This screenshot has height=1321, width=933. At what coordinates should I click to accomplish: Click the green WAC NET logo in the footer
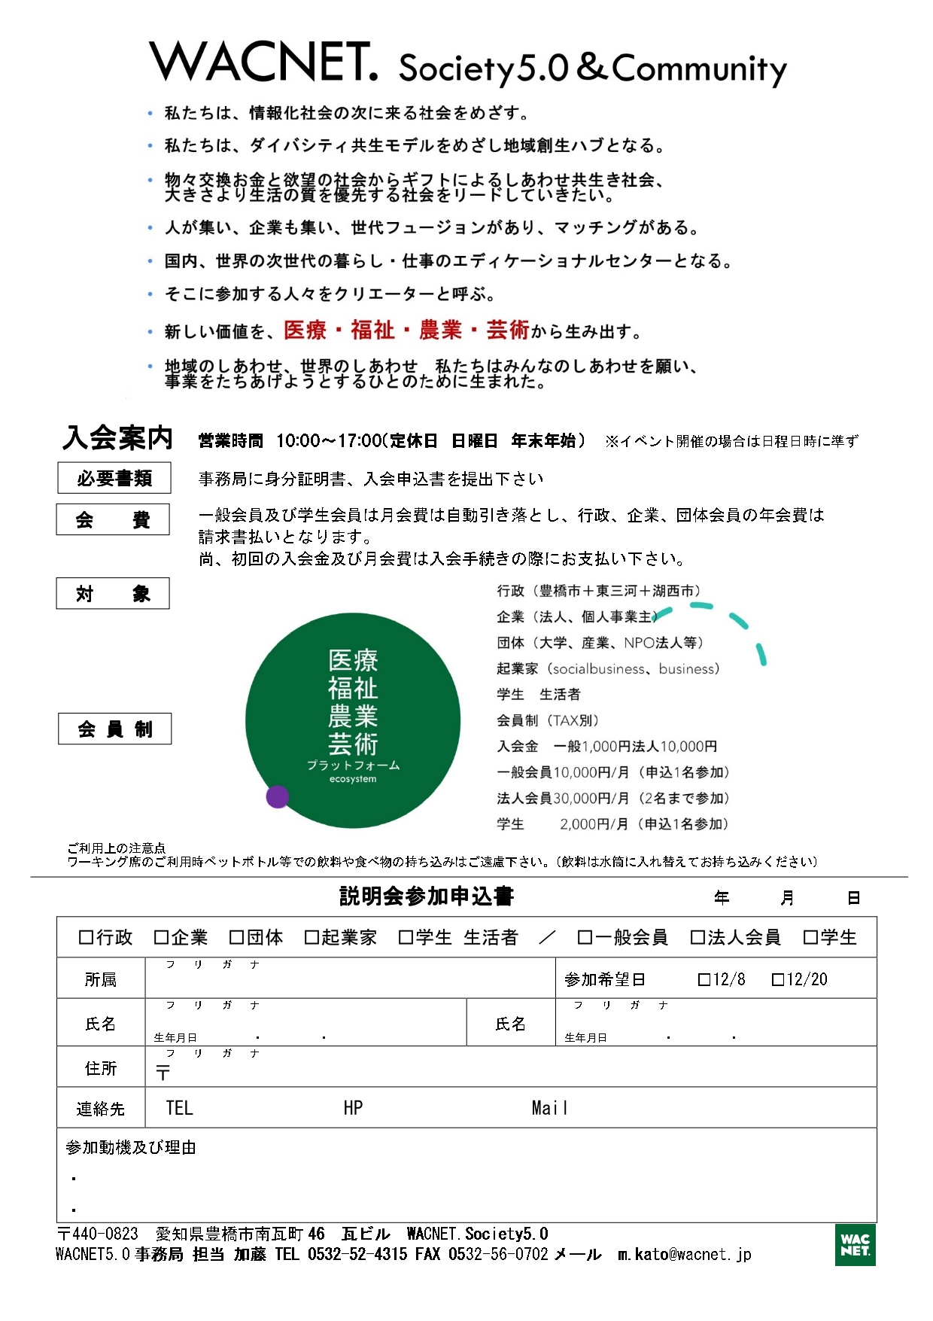(x=855, y=1244)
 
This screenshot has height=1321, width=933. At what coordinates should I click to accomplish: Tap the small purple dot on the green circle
(x=278, y=796)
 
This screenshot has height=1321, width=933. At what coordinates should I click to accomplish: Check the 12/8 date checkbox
(x=704, y=979)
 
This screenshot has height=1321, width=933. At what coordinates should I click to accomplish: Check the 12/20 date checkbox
(x=779, y=979)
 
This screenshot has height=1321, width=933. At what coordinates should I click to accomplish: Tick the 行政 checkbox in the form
(x=87, y=937)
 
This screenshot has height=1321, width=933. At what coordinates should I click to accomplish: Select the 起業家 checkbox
(x=312, y=937)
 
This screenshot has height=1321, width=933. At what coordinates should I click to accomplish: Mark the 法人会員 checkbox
(x=697, y=937)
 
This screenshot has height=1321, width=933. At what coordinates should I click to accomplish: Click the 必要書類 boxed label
(x=114, y=478)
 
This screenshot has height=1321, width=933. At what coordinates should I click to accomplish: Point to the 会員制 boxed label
(x=114, y=729)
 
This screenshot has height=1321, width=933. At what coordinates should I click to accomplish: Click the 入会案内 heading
(x=118, y=438)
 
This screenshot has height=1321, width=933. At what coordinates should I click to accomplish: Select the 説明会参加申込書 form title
(x=427, y=896)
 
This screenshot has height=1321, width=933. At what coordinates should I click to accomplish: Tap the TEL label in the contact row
(x=180, y=1108)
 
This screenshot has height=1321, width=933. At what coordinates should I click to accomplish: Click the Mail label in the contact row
(x=549, y=1108)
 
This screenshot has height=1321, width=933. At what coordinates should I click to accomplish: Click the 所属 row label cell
(x=101, y=979)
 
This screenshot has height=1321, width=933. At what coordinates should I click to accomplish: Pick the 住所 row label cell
(x=101, y=1068)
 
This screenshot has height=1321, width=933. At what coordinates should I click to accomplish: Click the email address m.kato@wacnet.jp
(x=684, y=1255)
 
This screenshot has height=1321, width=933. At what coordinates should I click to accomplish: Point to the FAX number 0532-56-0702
(x=498, y=1255)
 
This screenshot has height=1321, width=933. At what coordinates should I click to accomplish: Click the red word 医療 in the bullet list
(x=305, y=330)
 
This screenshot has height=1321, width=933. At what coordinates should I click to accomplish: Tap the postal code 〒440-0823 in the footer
(x=98, y=1234)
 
